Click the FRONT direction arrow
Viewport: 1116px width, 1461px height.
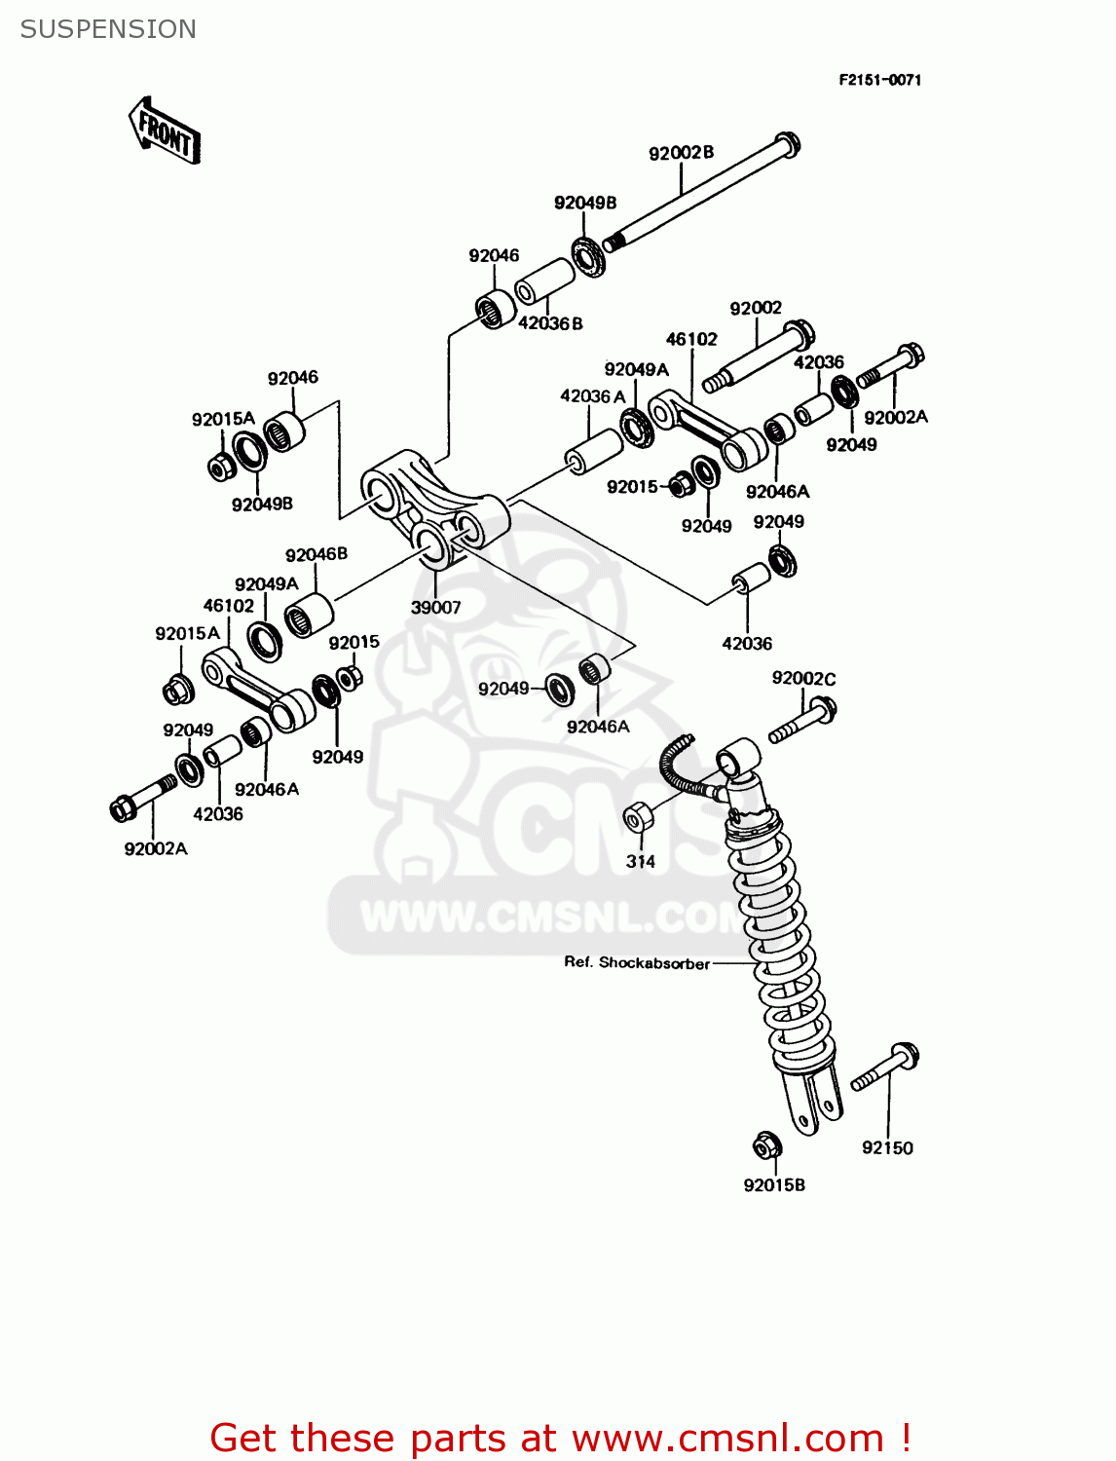click(165, 131)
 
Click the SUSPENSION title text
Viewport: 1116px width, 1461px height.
click(108, 29)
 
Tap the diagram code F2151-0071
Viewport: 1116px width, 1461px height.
click(879, 80)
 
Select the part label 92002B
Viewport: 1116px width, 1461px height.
click(681, 153)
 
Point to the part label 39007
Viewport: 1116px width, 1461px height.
click(435, 607)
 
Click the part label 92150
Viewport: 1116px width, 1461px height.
click(887, 1147)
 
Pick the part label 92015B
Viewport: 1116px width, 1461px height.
click(774, 1185)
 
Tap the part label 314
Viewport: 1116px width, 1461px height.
click(640, 861)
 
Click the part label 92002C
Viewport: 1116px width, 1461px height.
click(803, 678)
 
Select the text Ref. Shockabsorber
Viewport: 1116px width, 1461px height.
click(637, 962)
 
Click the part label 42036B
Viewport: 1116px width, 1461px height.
click(550, 323)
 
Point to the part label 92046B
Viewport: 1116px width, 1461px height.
click(316, 554)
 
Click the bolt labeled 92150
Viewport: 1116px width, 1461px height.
click(887, 1068)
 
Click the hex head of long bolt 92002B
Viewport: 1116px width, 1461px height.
click(787, 144)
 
